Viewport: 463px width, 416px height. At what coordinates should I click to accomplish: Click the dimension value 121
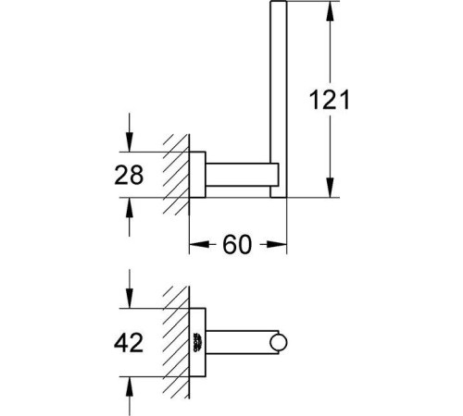[329, 100]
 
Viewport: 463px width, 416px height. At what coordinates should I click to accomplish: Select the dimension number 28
[129, 175]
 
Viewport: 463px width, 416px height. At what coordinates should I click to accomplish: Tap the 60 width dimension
[237, 244]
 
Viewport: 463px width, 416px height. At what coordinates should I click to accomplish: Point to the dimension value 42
[129, 342]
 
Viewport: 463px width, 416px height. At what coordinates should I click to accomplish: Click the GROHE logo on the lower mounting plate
[198, 342]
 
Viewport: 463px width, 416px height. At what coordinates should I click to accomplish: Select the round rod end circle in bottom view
[279, 343]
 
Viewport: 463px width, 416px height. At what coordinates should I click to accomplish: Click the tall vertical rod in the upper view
[279, 99]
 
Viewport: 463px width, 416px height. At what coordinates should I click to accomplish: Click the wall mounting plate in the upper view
[197, 175]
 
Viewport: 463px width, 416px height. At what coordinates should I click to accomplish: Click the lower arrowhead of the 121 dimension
[330, 188]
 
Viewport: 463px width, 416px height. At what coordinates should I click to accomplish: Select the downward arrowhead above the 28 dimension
[130, 142]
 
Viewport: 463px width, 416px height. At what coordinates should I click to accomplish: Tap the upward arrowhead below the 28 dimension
[130, 207]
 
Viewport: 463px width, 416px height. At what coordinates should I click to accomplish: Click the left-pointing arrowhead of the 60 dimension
[198, 244]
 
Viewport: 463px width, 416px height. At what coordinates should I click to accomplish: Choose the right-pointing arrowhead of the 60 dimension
[277, 244]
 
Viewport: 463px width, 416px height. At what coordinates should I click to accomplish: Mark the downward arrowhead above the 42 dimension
[130, 299]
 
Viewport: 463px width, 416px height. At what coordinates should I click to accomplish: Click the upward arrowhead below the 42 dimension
[130, 386]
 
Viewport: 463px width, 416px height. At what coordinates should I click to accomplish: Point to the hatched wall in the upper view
[177, 175]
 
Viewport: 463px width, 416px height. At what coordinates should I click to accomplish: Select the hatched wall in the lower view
[177, 342]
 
